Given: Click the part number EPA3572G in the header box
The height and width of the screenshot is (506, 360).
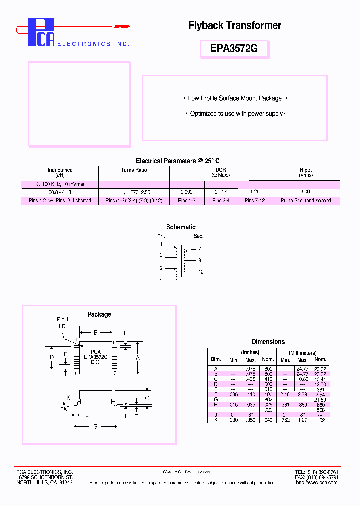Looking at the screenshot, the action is click(x=235, y=49).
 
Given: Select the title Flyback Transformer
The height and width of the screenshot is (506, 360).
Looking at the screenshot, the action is click(x=234, y=25).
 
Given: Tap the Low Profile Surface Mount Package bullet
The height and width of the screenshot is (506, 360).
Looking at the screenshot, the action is click(x=235, y=98).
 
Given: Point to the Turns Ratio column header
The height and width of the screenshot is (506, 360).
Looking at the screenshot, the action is click(x=134, y=170).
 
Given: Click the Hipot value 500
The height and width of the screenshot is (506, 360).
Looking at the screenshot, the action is click(x=306, y=192).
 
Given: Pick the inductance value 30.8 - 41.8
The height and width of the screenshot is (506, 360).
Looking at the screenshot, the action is click(x=60, y=192).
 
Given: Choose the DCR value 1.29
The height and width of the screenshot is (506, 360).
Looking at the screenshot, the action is click(x=254, y=192).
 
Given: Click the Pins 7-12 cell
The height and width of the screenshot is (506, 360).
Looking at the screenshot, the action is click(x=254, y=201).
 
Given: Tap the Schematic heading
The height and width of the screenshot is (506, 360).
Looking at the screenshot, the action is click(x=181, y=227).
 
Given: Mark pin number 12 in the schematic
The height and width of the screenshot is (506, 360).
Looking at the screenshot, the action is click(x=201, y=272).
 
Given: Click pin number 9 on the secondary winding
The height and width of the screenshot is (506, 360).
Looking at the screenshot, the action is click(x=199, y=260).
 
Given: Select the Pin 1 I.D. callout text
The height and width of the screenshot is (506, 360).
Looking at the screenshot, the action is click(x=62, y=322).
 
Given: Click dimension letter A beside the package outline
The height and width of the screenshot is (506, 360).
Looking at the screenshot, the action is click(x=138, y=358).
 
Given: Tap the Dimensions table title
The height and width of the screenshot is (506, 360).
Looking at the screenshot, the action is click(x=268, y=342).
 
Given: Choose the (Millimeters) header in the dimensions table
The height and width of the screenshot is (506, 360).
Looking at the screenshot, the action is click(x=302, y=353).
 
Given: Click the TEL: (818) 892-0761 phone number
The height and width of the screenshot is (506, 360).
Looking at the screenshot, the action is click(x=316, y=472).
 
